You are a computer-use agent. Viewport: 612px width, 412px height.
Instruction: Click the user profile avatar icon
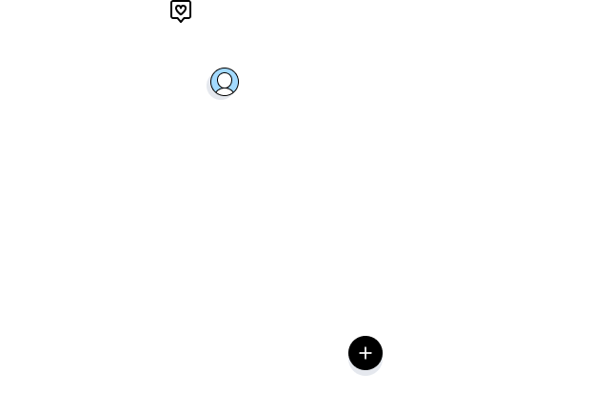[225, 82]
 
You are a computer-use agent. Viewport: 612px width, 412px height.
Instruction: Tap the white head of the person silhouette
[225, 80]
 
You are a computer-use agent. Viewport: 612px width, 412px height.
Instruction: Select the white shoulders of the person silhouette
[225, 90]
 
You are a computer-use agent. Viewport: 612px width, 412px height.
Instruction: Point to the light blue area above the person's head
[225, 72]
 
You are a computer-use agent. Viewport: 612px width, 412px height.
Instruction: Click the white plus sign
[365, 352]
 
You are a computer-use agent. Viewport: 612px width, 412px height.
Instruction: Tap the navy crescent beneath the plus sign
[365, 369]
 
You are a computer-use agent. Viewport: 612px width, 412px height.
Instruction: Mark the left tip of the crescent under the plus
[350, 358]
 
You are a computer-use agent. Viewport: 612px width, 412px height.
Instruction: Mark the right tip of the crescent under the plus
[381, 358]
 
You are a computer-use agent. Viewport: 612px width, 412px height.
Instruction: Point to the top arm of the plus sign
[365, 347]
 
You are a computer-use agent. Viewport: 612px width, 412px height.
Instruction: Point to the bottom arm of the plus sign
[365, 357]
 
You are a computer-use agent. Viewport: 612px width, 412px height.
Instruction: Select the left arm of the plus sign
[361, 352]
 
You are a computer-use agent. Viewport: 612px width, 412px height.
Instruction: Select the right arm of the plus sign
[370, 352]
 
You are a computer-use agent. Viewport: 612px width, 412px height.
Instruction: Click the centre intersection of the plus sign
[365, 352]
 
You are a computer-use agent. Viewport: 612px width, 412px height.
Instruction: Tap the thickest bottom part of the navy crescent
[365, 371]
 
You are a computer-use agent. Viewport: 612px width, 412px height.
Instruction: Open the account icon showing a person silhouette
[225, 83]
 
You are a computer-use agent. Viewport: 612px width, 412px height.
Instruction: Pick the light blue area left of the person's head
[215, 80]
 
